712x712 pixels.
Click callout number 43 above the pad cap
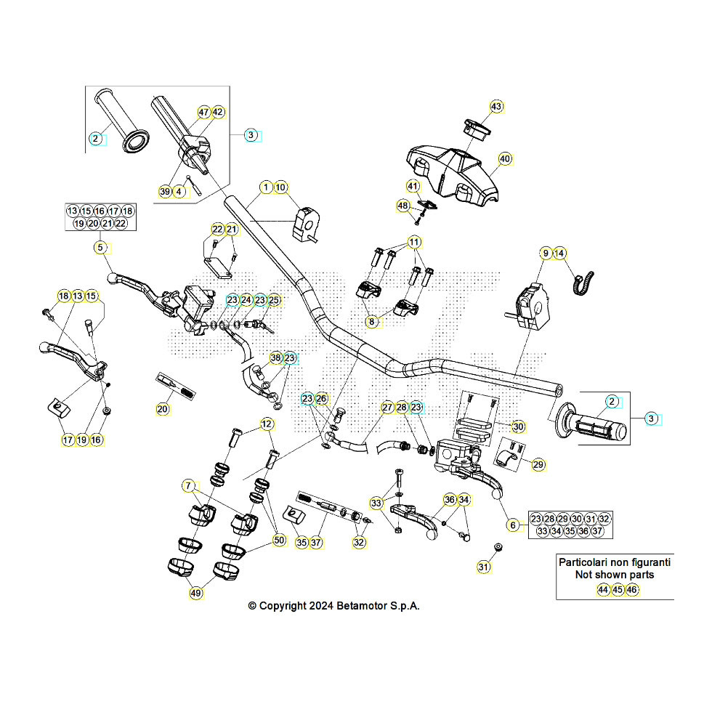point(496,107)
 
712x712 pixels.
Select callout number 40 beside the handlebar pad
point(505,158)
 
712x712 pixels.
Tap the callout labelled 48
point(403,206)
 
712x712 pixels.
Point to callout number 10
point(281,187)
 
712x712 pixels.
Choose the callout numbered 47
point(204,113)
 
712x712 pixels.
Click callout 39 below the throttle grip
point(165,191)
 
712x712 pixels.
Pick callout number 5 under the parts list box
point(100,248)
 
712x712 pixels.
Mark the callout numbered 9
point(546,253)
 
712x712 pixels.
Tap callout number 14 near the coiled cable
point(559,253)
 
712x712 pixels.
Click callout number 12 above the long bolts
point(267,424)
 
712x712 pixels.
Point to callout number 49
point(196,593)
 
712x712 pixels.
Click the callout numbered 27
point(387,408)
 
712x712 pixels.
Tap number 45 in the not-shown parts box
point(618,590)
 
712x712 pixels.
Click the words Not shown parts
point(614,575)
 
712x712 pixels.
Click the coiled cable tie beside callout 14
point(583,282)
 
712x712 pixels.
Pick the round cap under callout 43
point(477,129)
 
